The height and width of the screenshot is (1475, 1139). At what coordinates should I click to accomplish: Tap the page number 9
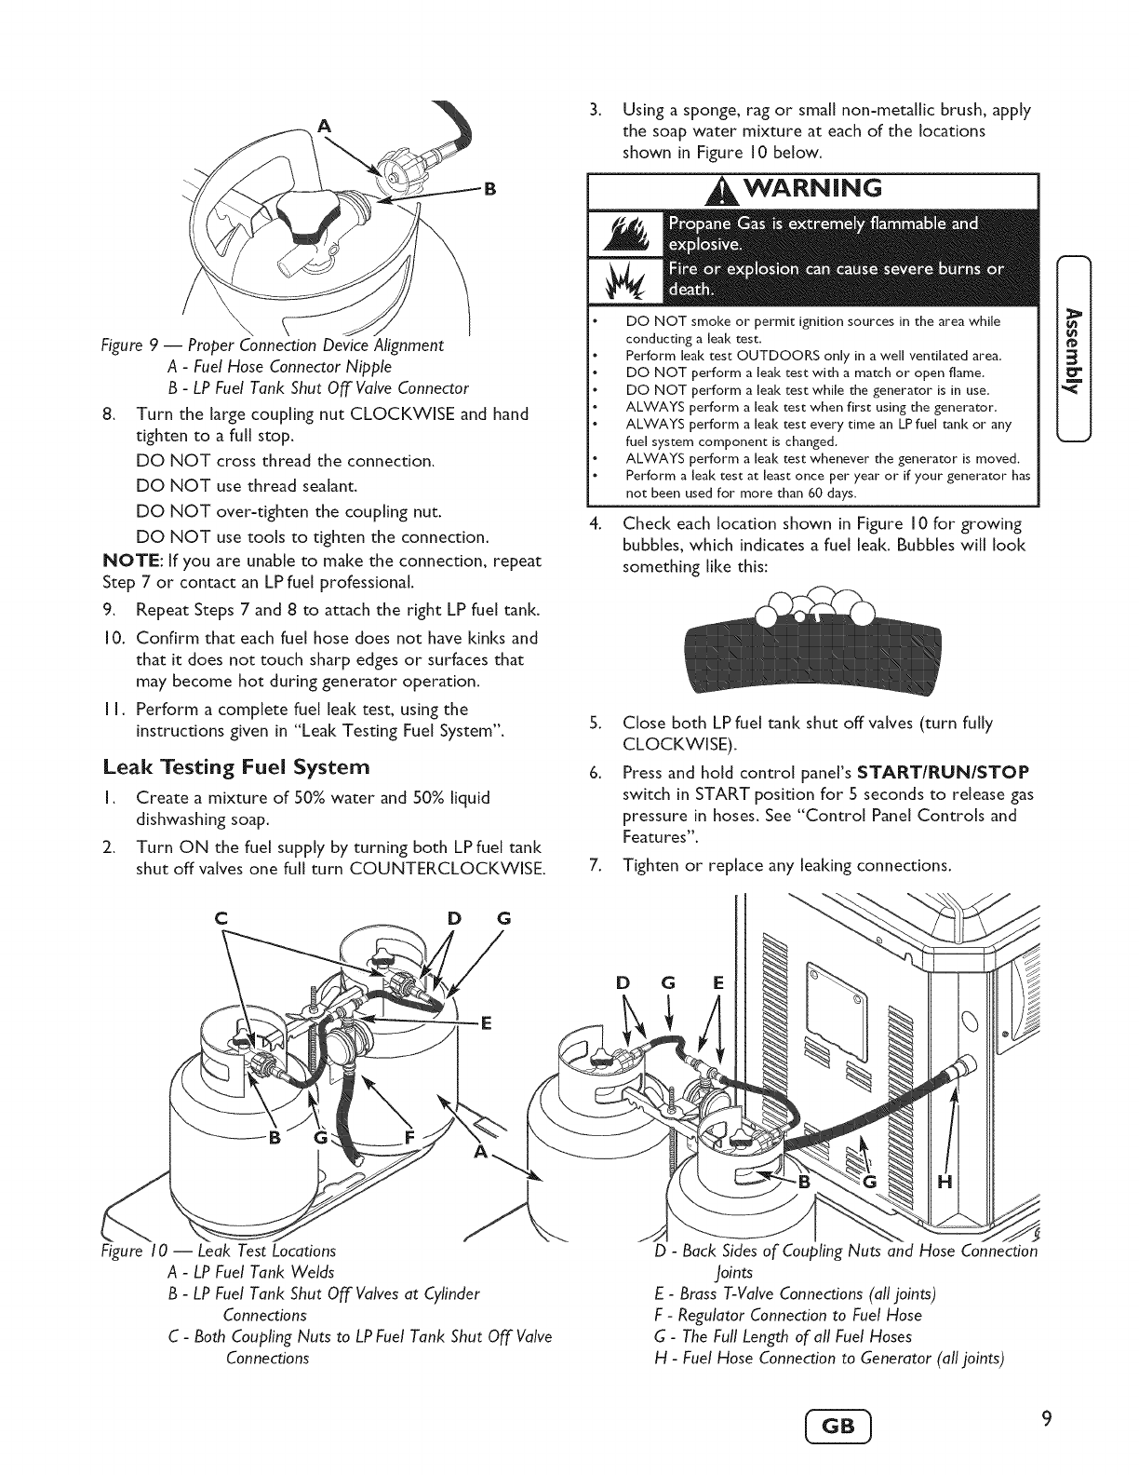(1047, 1419)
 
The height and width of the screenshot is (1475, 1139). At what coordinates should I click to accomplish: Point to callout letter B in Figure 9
(483, 193)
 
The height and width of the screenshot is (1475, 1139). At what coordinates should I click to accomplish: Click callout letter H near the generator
(944, 1184)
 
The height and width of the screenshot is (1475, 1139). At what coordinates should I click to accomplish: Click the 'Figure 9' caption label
(127, 345)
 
